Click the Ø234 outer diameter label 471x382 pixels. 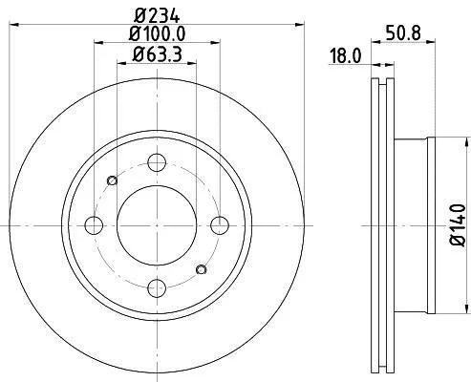pos(157,15)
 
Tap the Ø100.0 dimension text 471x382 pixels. pos(157,34)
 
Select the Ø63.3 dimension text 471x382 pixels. pos(157,54)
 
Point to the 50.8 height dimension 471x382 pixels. pos(403,32)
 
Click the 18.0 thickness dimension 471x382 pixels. pos(346,55)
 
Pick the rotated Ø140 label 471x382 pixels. pos(458,225)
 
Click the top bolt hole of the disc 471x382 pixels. pos(157,162)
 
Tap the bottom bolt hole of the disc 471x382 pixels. pos(157,288)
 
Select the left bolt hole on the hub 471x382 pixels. pos(94,225)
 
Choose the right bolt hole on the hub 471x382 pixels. pos(220,225)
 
